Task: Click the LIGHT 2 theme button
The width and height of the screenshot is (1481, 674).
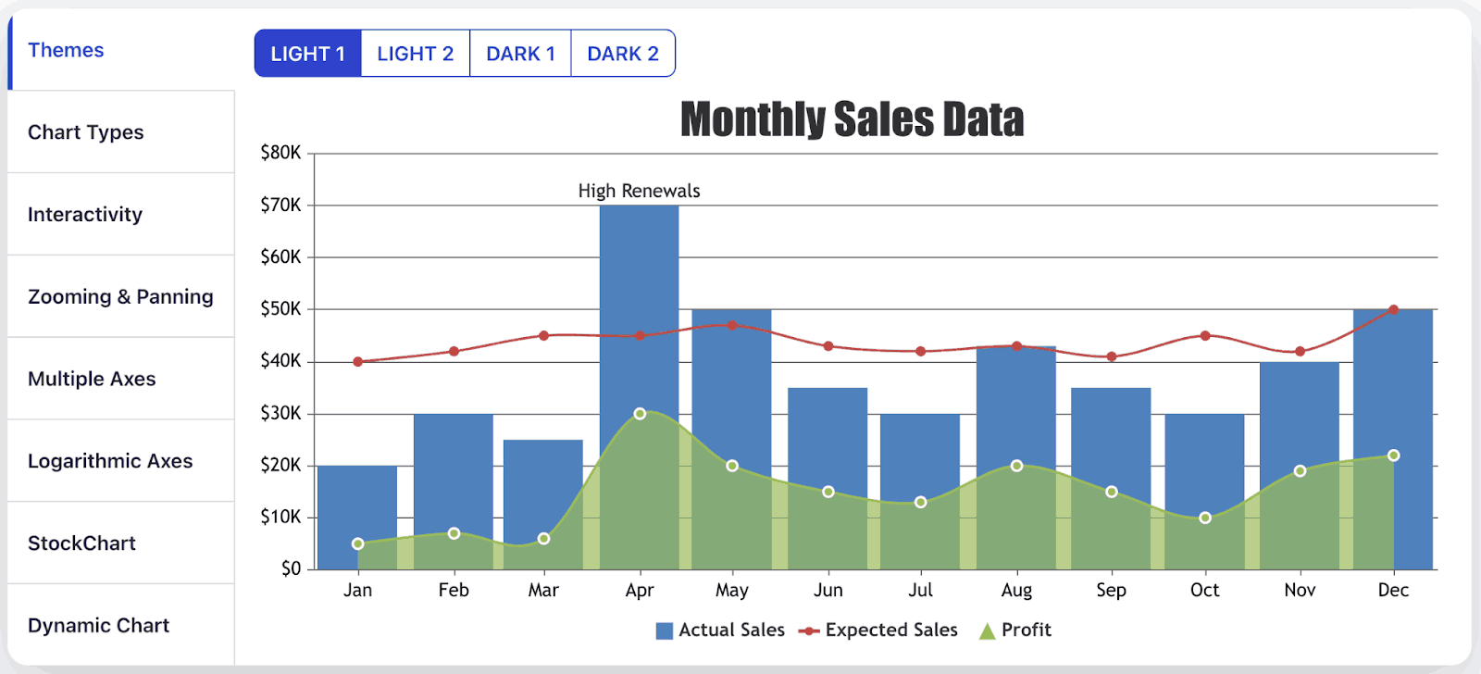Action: [415, 54]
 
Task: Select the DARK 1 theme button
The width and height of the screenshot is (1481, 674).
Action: [520, 54]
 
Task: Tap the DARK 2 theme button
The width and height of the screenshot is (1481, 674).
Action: [623, 54]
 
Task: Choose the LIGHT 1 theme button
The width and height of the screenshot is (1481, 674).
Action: [307, 54]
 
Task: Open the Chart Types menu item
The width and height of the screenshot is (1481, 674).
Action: [86, 132]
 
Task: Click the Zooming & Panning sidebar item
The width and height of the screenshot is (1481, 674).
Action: [120, 297]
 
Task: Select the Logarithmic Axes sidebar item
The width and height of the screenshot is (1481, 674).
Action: [110, 461]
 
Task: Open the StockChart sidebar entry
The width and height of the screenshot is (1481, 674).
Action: [81, 543]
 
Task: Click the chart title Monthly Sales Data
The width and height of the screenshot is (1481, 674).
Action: [852, 119]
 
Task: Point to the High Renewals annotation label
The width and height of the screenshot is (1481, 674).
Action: [639, 191]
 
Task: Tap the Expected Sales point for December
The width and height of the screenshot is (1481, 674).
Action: [1393, 309]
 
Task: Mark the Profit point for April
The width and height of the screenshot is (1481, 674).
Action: [640, 414]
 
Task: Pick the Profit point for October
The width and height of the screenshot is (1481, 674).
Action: [1204, 518]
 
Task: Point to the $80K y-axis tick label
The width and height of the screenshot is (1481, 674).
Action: [280, 153]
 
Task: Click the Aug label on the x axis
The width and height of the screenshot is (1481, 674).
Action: [1016, 591]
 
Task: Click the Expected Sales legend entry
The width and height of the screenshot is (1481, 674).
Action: [879, 630]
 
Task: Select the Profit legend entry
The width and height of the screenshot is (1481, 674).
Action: [1015, 630]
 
